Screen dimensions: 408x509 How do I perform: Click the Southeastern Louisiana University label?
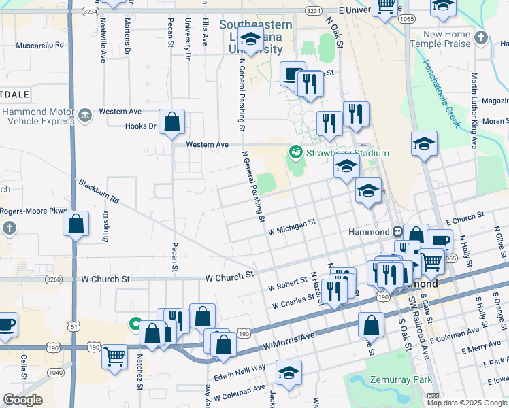256,37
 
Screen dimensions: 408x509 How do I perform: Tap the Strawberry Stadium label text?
347,153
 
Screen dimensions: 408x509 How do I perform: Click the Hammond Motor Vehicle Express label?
37,116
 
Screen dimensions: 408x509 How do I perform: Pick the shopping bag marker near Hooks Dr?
172,123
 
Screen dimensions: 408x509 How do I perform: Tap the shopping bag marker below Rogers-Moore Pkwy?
76,223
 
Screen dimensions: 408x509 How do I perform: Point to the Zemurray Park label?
390,381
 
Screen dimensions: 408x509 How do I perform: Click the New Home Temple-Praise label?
449,39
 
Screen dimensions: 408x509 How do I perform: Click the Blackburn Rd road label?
99,192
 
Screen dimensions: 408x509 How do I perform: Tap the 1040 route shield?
57,372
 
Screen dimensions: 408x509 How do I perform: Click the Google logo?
22,400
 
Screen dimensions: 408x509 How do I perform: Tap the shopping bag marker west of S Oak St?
370,325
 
